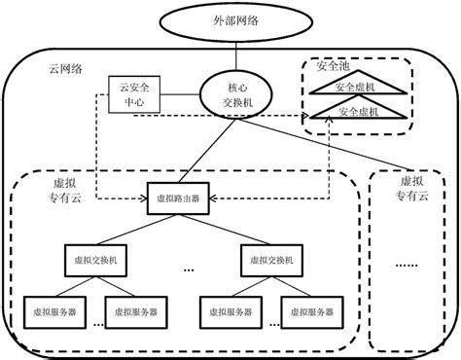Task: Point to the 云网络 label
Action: (65, 69)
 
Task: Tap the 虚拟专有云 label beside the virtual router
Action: (70, 189)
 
